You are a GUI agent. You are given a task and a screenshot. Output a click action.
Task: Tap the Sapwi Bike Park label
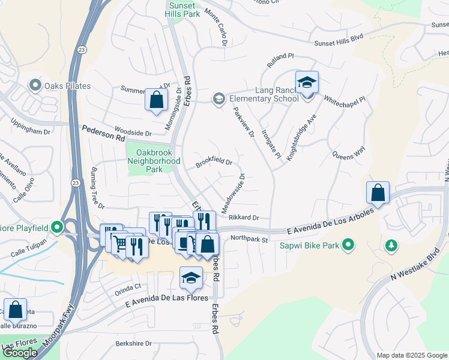click(311, 245)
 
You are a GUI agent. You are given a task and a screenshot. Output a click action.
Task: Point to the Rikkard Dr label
click(243, 218)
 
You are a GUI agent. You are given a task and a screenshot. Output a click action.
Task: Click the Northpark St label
click(249, 239)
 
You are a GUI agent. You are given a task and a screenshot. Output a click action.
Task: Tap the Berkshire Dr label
click(134, 344)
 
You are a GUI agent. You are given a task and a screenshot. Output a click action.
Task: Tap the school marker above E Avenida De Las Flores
click(191, 278)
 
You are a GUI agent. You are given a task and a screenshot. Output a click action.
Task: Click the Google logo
click(20, 352)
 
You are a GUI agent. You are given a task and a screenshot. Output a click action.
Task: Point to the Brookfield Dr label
click(214, 161)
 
